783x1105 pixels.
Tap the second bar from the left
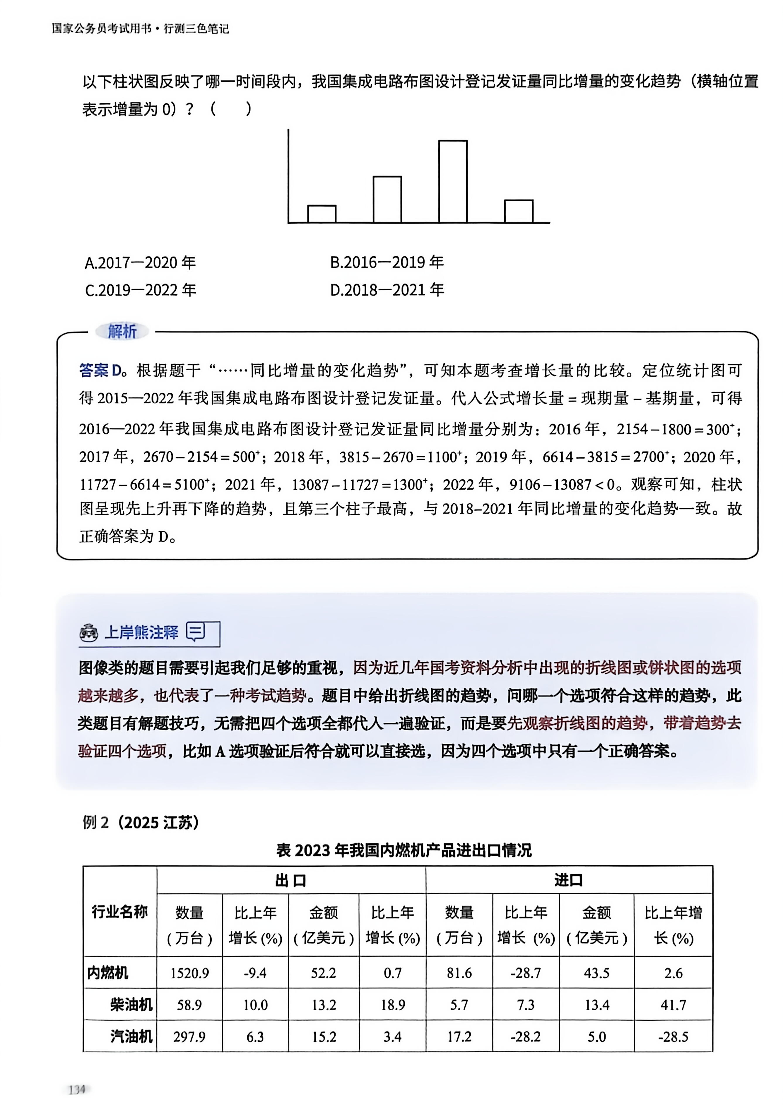point(387,200)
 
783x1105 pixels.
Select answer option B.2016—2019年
point(387,262)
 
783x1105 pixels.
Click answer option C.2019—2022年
point(140,290)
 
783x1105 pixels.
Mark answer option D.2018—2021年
point(387,290)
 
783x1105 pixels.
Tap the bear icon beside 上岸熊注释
point(89,632)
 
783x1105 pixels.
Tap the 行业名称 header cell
point(119,912)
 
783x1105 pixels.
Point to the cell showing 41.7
point(673,1005)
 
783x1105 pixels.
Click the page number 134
point(77,1089)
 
